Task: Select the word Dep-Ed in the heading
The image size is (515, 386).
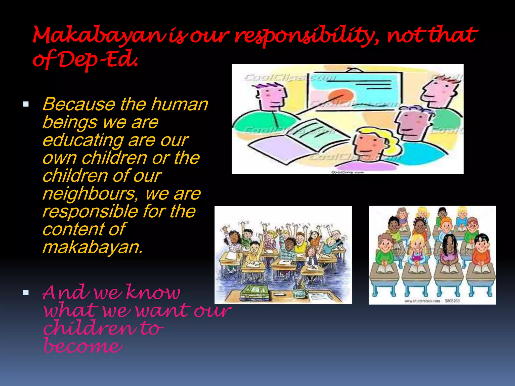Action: click(98, 60)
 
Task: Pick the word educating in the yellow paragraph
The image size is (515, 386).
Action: click(83, 140)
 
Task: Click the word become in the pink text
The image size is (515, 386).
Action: click(83, 346)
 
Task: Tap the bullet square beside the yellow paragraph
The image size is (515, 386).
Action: click(26, 104)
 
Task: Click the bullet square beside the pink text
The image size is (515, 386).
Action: click(26, 293)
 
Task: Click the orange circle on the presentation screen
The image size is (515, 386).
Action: click(341, 97)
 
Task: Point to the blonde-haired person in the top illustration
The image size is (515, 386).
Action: click(370, 146)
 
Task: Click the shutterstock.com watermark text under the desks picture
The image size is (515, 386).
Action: click(422, 301)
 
